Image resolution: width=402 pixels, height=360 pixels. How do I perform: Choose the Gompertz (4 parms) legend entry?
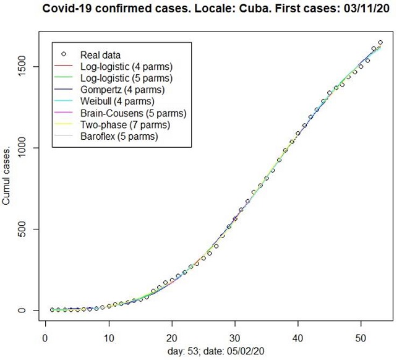point(118,90)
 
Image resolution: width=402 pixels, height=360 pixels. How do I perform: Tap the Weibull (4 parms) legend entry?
point(114,101)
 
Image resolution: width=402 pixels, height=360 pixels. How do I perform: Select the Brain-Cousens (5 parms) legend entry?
point(133,113)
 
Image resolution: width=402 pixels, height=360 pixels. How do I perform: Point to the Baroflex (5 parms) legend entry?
point(119,137)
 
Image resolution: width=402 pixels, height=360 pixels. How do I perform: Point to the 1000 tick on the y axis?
point(28,148)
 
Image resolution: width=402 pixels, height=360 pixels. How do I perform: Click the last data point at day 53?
point(380,43)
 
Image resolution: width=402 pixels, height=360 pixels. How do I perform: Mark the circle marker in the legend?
point(64,54)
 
